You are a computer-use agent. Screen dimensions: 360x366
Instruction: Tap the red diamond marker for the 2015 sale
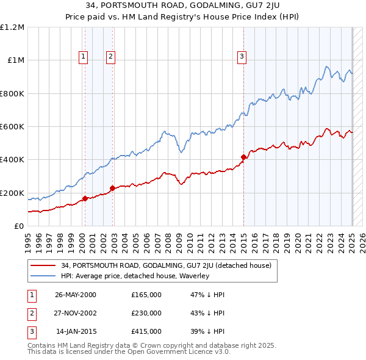coord(243,157)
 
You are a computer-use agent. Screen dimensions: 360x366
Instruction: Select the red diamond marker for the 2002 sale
coord(112,188)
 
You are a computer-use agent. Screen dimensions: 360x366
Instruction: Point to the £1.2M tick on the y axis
coord(12,27)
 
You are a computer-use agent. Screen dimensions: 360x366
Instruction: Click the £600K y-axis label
coord(12,127)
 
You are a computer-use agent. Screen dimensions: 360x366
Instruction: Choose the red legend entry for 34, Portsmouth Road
coord(166,265)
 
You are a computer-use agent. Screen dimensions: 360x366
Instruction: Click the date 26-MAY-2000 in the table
coord(76,295)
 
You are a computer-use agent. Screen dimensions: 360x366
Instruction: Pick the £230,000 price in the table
coord(146,313)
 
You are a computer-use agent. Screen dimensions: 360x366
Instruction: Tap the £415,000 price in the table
coord(146,331)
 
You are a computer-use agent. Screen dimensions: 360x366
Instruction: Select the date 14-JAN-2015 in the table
coord(76,331)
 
